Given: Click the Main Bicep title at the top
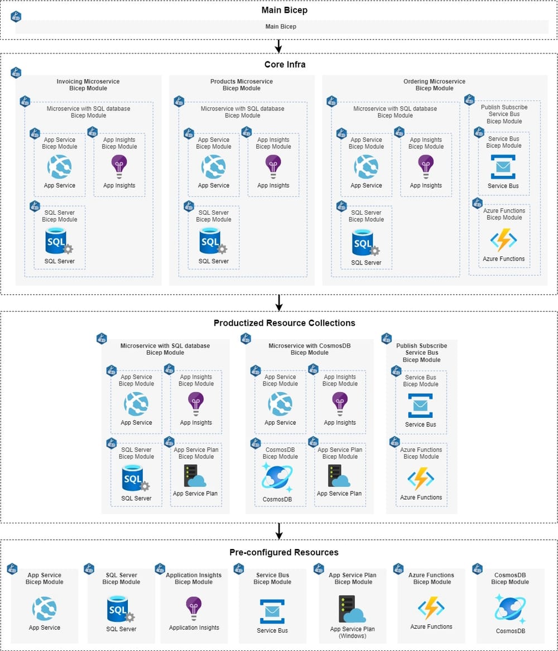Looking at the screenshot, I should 284,10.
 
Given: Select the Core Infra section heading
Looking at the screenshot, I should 285,64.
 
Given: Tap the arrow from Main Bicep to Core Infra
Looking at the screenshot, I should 278,46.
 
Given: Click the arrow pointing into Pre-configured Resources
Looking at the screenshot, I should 279,531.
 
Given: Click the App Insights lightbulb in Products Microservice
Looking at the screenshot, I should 273,166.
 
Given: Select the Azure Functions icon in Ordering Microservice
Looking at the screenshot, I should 503,240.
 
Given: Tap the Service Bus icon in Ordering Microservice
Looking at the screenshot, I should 503,166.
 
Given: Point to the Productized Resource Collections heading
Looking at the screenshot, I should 284,323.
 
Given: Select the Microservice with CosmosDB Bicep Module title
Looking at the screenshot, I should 309,349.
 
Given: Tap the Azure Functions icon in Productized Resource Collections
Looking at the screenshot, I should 421,479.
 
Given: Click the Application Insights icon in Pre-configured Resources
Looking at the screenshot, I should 194,608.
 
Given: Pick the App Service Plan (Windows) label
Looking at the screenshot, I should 352,633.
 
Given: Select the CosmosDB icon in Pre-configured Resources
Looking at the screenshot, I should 509,609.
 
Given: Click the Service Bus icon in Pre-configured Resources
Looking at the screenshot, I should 272,611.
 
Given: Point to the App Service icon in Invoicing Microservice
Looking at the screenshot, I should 59,166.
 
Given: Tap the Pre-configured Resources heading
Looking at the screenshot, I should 284,552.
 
